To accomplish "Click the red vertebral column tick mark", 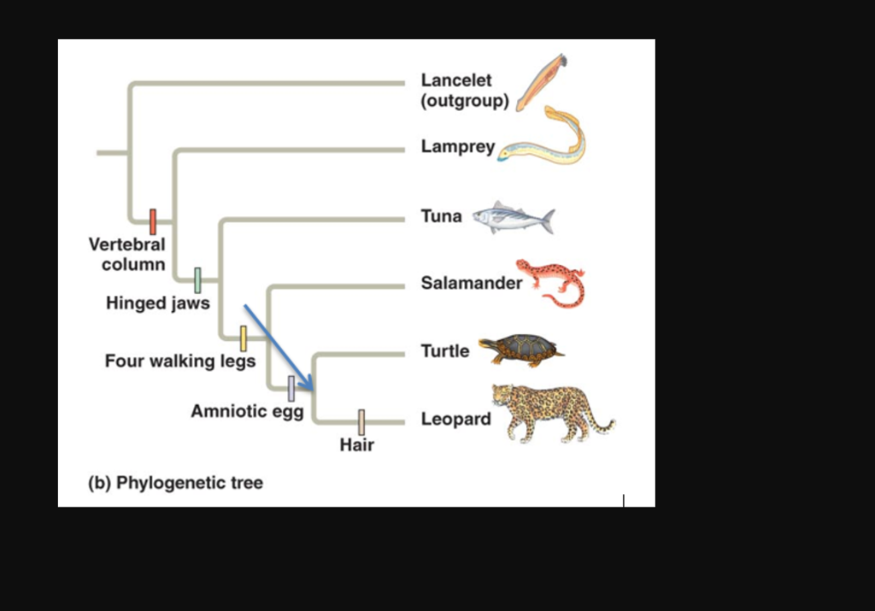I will pyautogui.click(x=153, y=221).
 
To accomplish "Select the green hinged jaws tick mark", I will pyautogui.click(x=197, y=280).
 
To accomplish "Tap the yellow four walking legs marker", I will pyautogui.click(x=244, y=338).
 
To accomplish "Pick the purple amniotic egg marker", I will pyautogui.click(x=291, y=389).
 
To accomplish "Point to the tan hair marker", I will pyautogui.click(x=361, y=421).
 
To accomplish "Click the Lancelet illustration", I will pyautogui.click(x=540, y=81).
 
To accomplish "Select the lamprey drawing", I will pyautogui.click(x=547, y=141).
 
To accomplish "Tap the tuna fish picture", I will pyautogui.click(x=514, y=218).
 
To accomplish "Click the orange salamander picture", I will pyautogui.click(x=553, y=282).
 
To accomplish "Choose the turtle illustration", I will pyautogui.click(x=520, y=349).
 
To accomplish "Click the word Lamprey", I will pyautogui.click(x=457, y=147).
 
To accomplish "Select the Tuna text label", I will pyautogui.click(x=441, y=216).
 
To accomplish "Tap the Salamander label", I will pyautogui.click(x=471, y=283).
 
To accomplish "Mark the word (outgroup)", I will pyautogui.click(x=465, y=101).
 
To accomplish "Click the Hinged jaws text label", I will pyautogui.click(x=157, y=303).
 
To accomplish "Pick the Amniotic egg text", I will pyautogui.click(x=247, y=411).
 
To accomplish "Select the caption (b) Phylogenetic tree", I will pyautogui.click(x=176, y=483).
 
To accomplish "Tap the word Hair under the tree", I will pyautogui.click(x=356, y=444).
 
